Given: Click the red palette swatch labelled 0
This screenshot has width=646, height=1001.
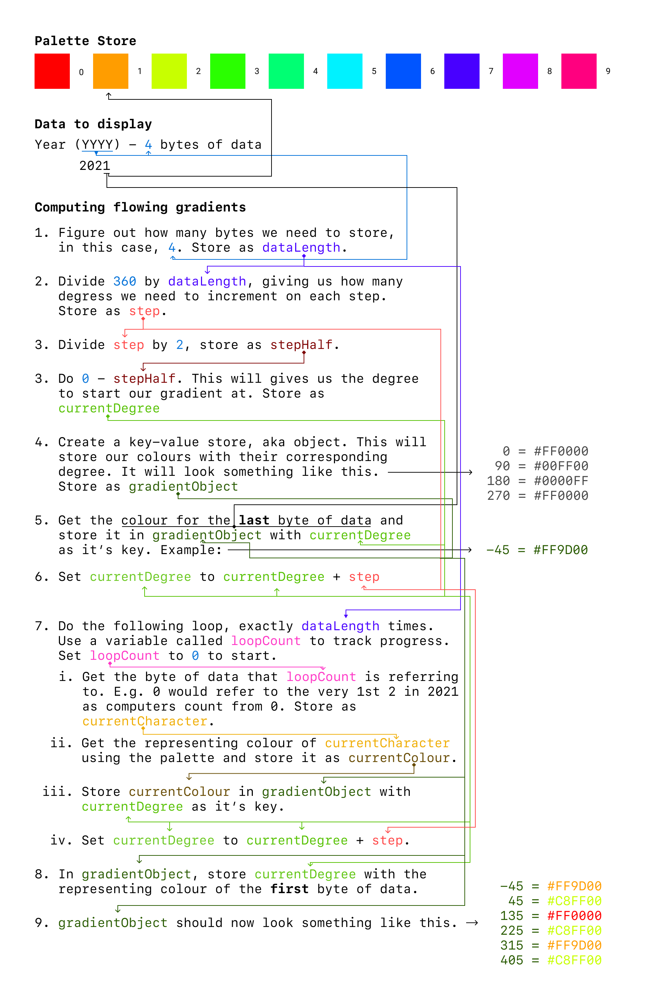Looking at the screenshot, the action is coord(52,71).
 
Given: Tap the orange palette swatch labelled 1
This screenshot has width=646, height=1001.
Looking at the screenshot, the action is coord(111,71).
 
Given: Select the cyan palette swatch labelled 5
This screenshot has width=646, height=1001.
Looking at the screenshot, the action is coord(345,71).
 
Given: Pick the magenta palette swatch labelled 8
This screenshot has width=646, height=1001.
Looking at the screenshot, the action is coord(520,71).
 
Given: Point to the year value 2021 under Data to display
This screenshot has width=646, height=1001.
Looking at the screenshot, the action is coord(95,166).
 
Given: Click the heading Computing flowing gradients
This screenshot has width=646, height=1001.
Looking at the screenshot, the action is coord(140,207).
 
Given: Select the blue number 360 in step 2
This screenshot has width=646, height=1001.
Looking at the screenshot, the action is coord(124,281).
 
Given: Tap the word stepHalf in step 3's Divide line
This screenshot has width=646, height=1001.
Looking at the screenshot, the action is coord(301,345).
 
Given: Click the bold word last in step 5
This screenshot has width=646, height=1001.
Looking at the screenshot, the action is coord(254,520).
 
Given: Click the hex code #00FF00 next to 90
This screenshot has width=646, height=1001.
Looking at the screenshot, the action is coord(561,466).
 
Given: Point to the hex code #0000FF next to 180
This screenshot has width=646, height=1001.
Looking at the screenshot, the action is coord(561,481).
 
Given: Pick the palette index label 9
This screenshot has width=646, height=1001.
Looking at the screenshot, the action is coord(608,71).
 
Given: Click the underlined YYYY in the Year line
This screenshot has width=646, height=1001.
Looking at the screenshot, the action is coord(97,145).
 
